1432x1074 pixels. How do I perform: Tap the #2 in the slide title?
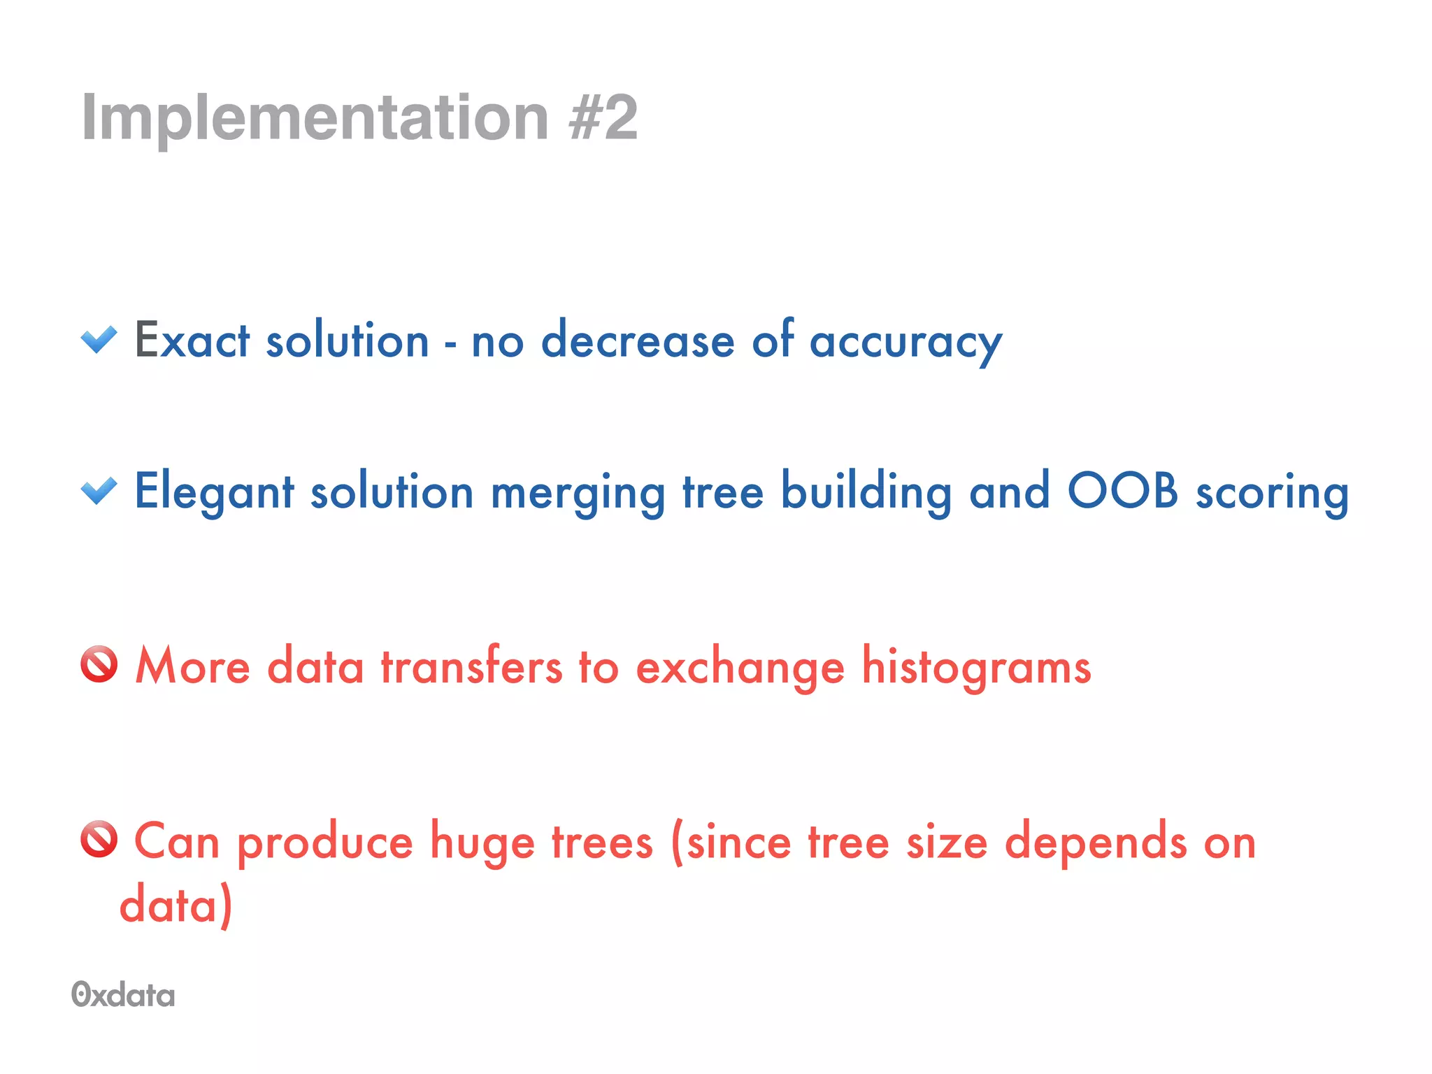pos(603,117)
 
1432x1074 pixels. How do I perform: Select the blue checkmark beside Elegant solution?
pos(99,491)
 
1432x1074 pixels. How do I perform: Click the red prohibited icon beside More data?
pos(99,664)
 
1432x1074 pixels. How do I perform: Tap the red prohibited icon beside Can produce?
pos(99,839)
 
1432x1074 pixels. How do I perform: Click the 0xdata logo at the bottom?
pos(123,994)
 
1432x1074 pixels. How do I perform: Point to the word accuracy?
pos(905,343)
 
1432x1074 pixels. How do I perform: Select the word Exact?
pos(192,341)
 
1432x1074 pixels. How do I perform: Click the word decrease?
pos(638,341)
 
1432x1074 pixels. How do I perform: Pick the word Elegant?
pos(214,492)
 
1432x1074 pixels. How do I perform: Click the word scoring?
pos(1272,494)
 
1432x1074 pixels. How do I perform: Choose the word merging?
pos(578,494)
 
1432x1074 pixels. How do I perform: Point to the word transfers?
pos(471,666)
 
